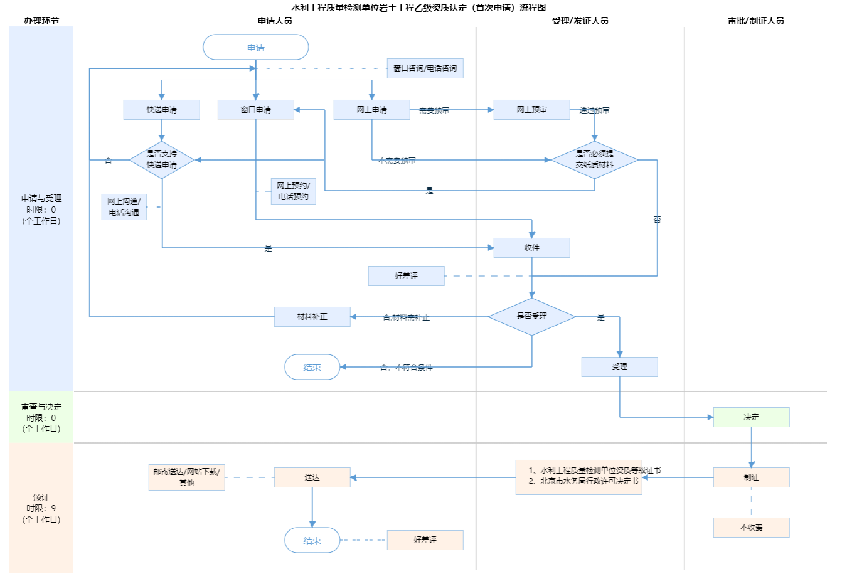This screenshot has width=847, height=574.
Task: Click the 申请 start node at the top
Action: click(256, 48)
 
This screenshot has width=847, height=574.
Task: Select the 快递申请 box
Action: click(162, 110)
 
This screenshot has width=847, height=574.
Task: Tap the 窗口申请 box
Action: click(256, 110)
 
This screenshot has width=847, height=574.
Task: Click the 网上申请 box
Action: click(371, 110)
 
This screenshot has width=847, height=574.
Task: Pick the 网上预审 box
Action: click(531, 110)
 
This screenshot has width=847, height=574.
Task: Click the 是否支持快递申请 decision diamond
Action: click(162, 159)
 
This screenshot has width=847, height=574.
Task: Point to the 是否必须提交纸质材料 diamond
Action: click(594, 159)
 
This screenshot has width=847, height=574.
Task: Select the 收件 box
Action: click(531, 248)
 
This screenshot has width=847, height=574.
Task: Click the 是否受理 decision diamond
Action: click(531, 316)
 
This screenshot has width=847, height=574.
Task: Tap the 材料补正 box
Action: click(312, 317)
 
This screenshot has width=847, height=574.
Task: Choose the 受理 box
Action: click(619, 367)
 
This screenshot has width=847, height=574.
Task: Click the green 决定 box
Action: click(751, 417)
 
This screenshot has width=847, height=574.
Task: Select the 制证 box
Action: click(751, 477)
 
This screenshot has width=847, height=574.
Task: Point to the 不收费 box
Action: click(751, 528)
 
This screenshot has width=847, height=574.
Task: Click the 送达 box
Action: click(312, 477)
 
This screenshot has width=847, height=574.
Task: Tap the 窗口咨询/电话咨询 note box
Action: click(425, 68)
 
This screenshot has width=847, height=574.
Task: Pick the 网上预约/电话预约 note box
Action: click(293, 191)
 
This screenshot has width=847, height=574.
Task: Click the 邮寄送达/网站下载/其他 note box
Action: click(187, 477)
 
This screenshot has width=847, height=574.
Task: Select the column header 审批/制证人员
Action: click(755, 21)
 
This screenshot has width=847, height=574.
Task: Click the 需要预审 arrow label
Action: click(434, 110)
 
